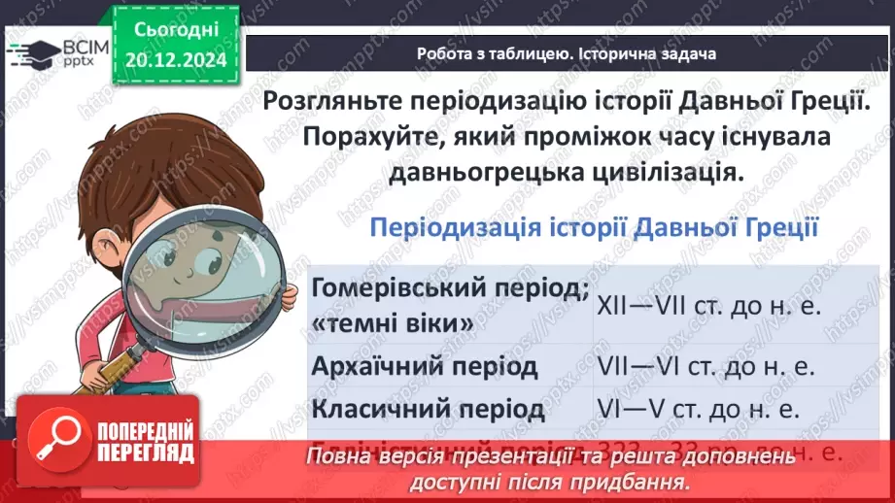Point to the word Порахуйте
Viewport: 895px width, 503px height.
[x=365, y=137]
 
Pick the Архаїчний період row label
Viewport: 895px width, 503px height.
[x=424, y=367]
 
